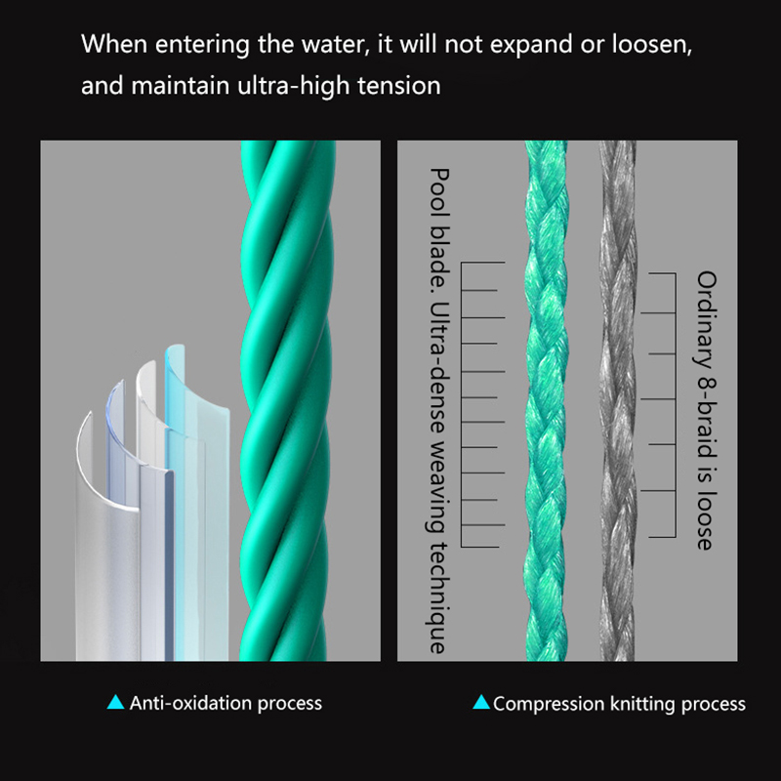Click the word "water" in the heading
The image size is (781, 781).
coord(331,45)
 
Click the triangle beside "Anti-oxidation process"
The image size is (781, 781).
coord(116,702)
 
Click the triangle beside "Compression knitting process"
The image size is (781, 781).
coord(480,702)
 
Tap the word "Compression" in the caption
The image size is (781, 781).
coord(548,703)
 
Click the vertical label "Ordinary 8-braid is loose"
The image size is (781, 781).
coord(706,410)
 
